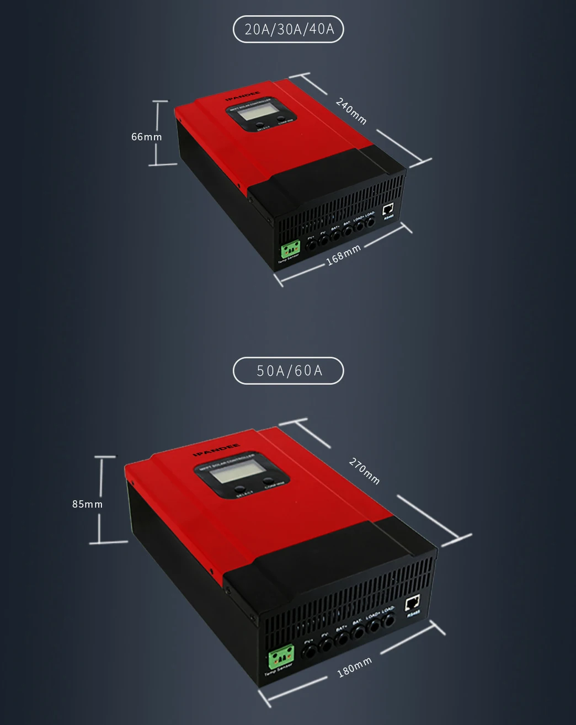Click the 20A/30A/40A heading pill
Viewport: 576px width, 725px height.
tap(289, 29)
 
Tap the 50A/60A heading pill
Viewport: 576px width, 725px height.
tap(289, 371)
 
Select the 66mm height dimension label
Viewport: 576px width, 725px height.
tap(146, 136)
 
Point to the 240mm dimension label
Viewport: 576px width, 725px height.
tap(351, 111)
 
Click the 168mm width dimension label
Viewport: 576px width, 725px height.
tap(343, 254)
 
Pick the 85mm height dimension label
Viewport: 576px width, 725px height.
tap(87, 504)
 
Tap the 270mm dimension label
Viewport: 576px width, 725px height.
tap(364, 471)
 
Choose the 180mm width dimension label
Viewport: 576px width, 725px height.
tap(354, 667)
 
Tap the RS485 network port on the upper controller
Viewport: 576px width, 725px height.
tap(388, 209)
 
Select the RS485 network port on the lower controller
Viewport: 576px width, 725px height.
tap(412, 604)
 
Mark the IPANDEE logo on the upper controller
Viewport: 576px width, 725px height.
tap(243, 96)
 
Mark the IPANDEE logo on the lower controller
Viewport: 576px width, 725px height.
tap(216, 450)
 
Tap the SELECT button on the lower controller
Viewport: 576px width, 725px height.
tap(241, 489)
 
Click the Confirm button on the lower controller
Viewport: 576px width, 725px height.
tap(269, 481)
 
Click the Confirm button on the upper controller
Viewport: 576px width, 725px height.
tap(281, 118)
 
